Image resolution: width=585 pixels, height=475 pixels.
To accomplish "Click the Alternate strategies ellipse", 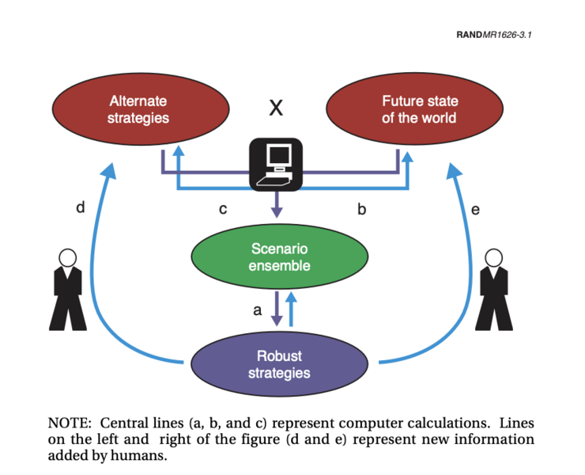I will (x=138, y=110).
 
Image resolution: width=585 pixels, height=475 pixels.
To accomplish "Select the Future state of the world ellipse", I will (x=419, y=110).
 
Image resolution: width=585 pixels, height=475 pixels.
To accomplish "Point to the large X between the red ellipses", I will (x=275, y=108).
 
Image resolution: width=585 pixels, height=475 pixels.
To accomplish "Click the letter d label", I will (x=80, y=208).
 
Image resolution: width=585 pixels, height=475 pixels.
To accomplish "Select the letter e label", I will (x=475, y=210).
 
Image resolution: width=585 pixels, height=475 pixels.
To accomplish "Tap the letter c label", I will (x=223, y=210).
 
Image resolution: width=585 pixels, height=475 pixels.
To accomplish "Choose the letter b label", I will (x=361, y=209).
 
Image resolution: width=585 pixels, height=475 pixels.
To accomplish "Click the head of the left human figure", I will (x=68, y=257).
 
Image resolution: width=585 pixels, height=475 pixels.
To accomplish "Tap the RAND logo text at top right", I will (x=470, y=36).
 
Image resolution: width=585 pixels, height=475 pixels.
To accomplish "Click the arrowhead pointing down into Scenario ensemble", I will (x=276, y=211).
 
